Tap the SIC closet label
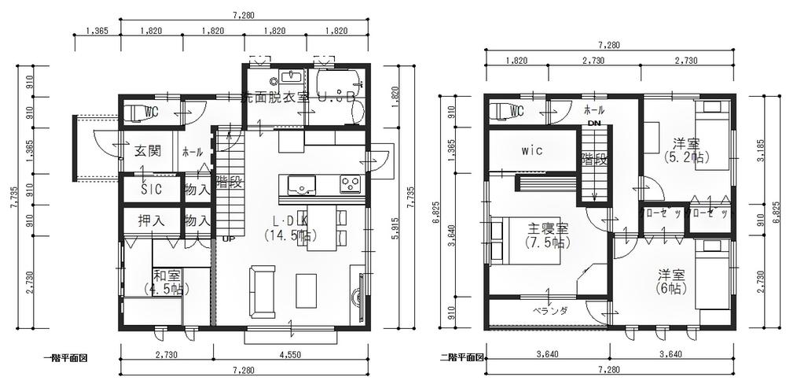point(151,190)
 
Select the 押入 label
point(151,221)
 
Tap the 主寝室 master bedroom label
point(548,228)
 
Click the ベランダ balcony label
point(549,311)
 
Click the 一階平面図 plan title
point(64,357)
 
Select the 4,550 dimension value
point(290,354)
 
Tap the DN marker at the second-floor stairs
point(594,124)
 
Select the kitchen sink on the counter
point(301,185)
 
